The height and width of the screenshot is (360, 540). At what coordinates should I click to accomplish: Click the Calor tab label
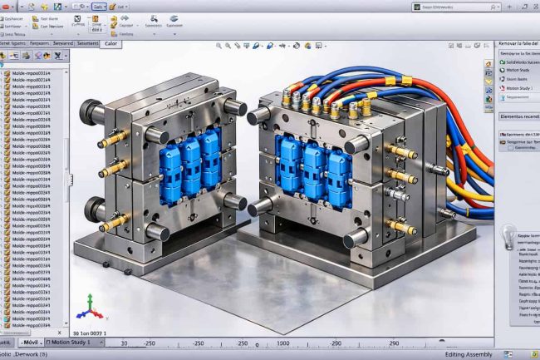coord(110,44)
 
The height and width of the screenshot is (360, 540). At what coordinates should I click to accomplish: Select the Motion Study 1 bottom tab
coord(74,342)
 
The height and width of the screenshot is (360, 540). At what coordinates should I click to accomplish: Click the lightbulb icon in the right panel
coord(506,238)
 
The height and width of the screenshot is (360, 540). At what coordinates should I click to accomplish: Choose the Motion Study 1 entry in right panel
coord(518,87)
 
